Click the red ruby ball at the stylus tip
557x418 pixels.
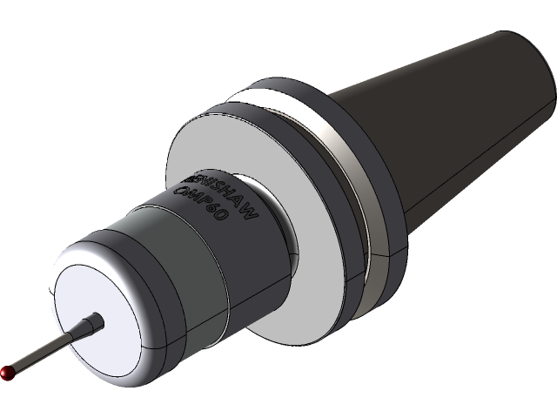coord(8,372)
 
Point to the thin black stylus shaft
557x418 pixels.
coord(44,351)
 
